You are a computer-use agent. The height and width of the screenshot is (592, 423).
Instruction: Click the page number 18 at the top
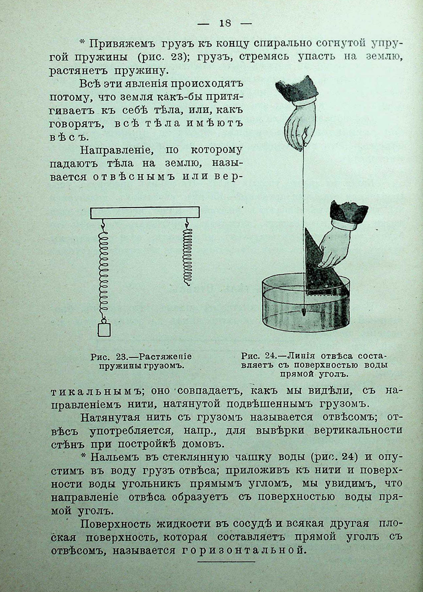(x=225, y=23)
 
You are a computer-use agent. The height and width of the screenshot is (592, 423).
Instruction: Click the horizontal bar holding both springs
(x=145, y=212)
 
